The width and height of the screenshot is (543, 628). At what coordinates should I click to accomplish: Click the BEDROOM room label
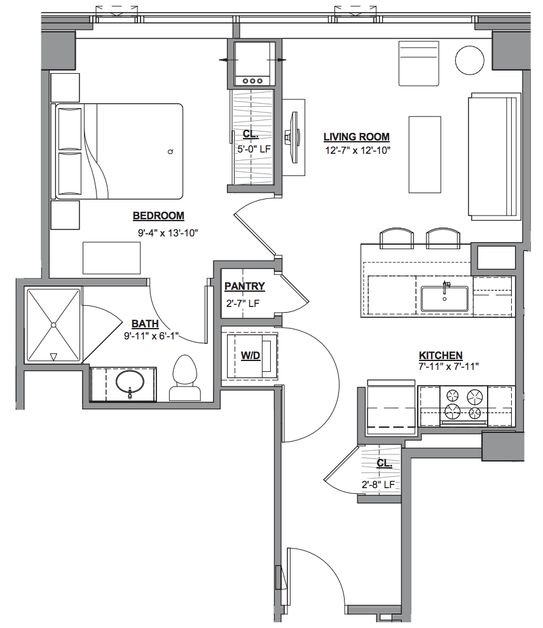point(158,216)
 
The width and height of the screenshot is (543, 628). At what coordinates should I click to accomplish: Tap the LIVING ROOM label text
point(357,137)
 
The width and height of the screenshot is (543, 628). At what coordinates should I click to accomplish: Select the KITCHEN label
point(441,355)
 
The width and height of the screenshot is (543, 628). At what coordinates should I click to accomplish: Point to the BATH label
point(145,324)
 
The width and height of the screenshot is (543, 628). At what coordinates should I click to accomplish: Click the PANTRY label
point(244,287)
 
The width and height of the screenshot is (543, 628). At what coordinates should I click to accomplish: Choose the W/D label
point(251,355)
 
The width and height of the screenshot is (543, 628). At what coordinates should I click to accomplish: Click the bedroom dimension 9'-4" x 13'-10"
point(168,233)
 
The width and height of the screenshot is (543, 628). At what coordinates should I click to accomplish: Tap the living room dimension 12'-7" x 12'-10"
point(358,151)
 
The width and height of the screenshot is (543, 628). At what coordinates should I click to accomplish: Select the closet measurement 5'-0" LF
point(254,149)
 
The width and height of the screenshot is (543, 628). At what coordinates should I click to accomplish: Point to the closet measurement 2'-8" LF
point(378,484)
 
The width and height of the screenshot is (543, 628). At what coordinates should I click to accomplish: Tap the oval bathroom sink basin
point(130,382)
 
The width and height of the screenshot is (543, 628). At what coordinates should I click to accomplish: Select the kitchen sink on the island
point(444,299)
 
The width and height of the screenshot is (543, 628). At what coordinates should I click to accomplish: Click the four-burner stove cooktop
point(464,404)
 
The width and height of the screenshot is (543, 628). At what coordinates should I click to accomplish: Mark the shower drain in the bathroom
point(53,325)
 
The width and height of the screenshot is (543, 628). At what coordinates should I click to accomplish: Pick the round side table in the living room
point(470,60)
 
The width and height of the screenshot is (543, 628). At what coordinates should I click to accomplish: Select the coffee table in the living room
point(425,154)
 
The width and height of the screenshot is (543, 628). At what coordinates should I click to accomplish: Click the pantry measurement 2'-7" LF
point(243,304)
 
